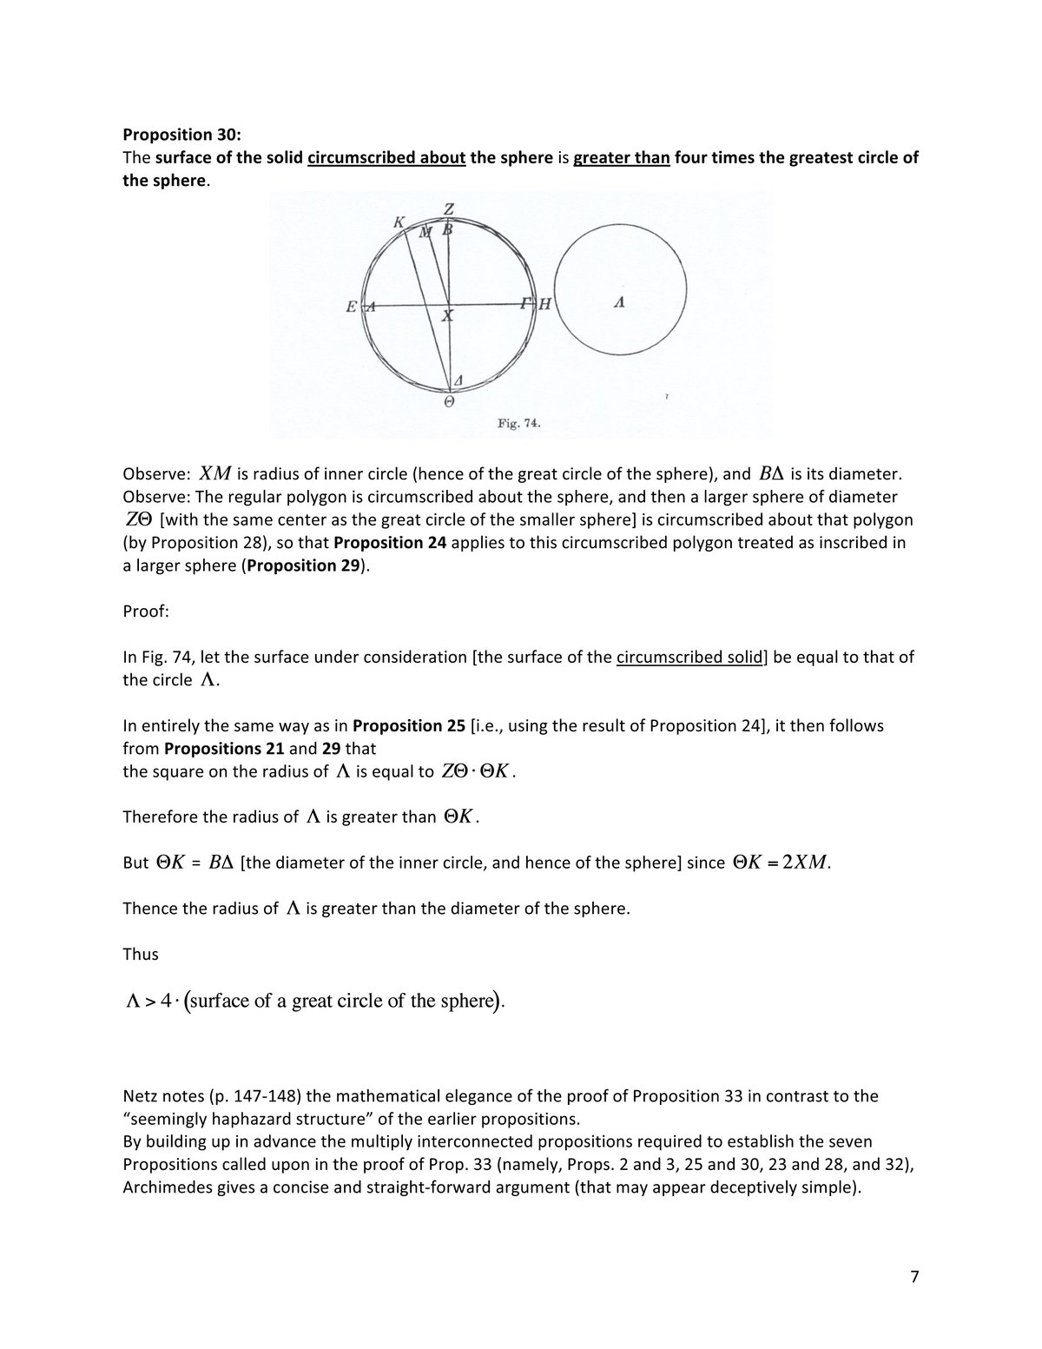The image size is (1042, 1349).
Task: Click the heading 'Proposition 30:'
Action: pyautogui.click(x=181, y=135)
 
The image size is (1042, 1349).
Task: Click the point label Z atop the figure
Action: pyautogui.click(x=449, y=209)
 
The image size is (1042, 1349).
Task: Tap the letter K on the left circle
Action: pyautogui.click(x=399, y=222)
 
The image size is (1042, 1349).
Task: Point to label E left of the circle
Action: pyautogui.click(x=351, y=306)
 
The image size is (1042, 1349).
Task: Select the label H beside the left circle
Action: pyautogui.click(x=545, y=304)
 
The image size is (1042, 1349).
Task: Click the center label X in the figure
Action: pyautogui.click(x=447, y=317)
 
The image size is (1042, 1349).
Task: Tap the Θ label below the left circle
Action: pyautogui.click(x=449, y=402)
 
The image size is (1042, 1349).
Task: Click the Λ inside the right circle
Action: pyautogui.click(x=618, y=303)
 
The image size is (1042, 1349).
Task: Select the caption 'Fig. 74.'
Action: pyautogui.click(x=519, y=424)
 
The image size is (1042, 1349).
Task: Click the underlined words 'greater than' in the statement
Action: pyautogui.click(x=621, y=158)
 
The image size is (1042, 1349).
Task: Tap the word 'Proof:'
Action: pyautogui.click(x=146, y=612)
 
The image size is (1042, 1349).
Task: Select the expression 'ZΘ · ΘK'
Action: pyautogui.click(x=476, y=771)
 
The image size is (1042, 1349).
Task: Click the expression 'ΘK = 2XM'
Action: pyautogui.click(x=780, y=863)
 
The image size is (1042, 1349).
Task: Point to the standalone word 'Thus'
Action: pyautogui.click(x=141, y=954)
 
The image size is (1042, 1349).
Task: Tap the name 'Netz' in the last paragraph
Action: pyautogui.click(x=140, y=1096)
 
